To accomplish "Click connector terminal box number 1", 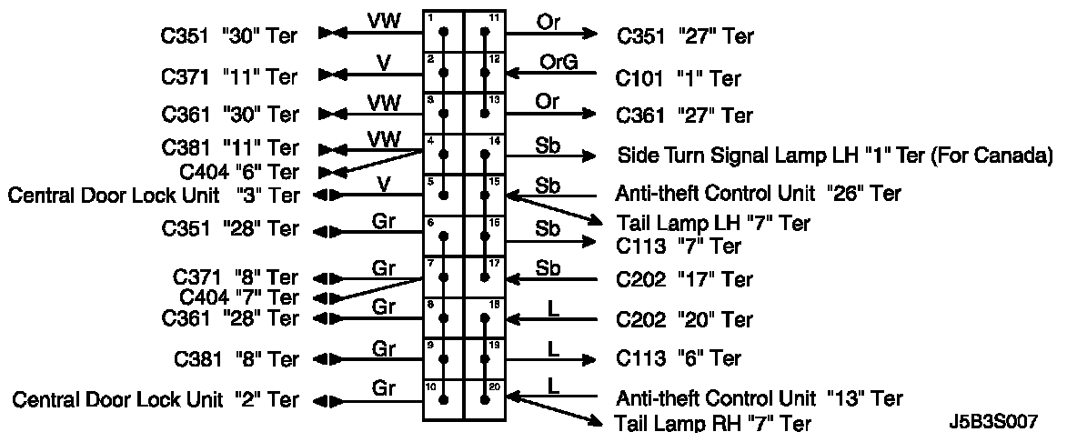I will (x=443, y=31).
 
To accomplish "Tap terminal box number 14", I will (x=485, y=154).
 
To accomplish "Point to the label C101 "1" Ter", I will (x=679, y=78).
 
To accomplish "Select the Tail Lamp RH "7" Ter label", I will (x=713, y=423).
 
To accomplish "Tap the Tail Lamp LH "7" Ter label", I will (x=712, y=223).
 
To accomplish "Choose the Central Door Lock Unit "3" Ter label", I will (x=154, y=195).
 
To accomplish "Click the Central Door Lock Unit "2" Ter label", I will (x=155, y=399).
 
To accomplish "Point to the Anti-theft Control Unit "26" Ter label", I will (x=759, y=194).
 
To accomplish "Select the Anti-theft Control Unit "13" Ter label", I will (x=759, y=398).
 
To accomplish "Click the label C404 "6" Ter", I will (x=240, y=171).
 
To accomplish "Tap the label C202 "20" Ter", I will (x=684, y=319).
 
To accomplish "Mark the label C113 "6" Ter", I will (x=679, y=357).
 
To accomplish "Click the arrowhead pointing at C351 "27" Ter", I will (x=590, y=35).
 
